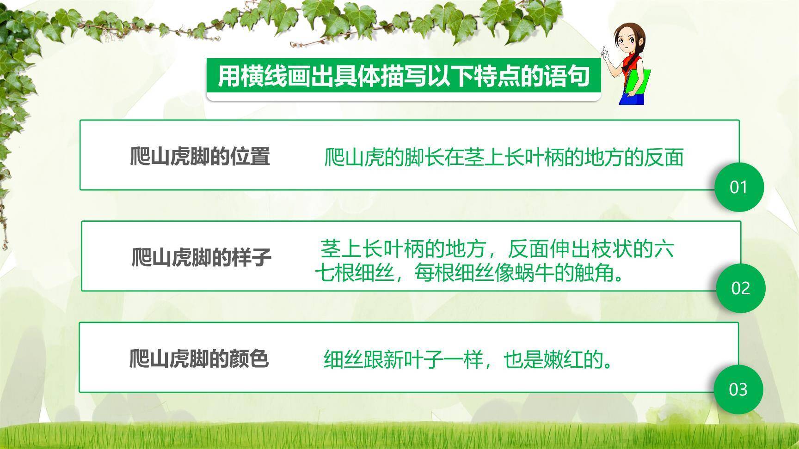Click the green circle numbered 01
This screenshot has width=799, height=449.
[x=738, y=187]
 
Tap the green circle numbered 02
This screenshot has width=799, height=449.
[x=740, y=288]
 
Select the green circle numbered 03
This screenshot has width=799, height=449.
[x=738, y=389]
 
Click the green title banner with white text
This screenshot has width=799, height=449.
[x=403, y=77]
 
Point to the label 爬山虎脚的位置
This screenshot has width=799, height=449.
[x=200, y=157]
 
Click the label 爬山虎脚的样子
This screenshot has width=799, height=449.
[x=201, y=257]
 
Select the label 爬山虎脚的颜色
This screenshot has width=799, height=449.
[x=199, y=358]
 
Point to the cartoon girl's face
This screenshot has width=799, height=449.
[x=627, y=44]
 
